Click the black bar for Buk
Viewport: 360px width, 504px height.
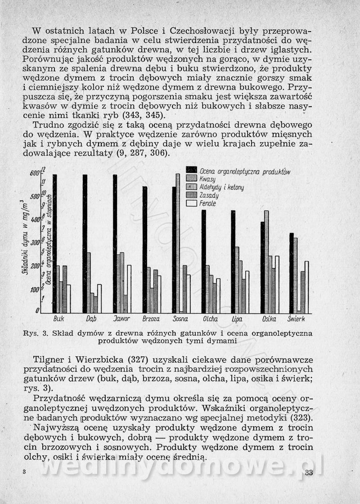click(x=54, y=243)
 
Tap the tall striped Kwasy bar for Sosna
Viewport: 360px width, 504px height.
click(x=178, y=243)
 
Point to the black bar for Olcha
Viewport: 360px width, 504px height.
click(x=203, y=261)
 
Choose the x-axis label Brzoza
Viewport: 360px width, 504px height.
click(x=151, y=319)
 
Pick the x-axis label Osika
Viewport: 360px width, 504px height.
click(x=269, y=319)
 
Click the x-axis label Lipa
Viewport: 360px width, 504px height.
click(x=237, y=319)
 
